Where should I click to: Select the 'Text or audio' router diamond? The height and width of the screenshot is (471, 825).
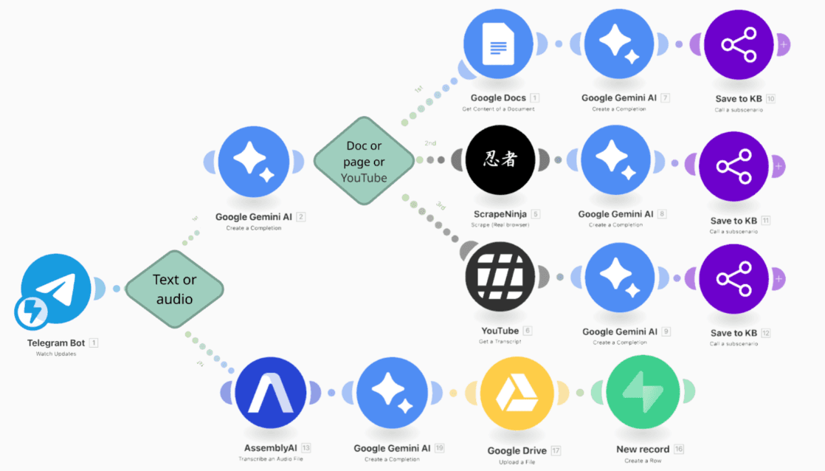[174, 289]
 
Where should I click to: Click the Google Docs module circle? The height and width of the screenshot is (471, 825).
[499, 46]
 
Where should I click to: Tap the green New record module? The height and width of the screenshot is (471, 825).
[642, 393]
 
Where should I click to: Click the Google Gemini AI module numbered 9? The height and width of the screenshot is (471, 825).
[618, 278]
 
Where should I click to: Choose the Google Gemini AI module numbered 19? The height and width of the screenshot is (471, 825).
[393, 393]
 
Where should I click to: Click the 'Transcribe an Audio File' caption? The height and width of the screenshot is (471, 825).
[270, 459]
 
